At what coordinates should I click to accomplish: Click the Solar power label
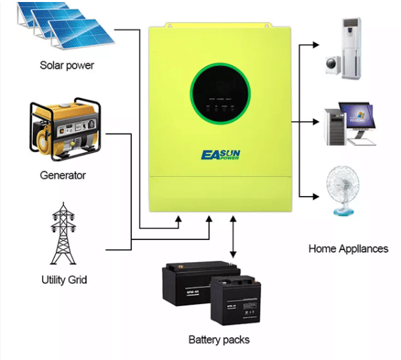tap(67, 65)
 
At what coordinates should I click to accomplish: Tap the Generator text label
tap(63, 175)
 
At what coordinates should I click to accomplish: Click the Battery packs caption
tap(218, 339)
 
